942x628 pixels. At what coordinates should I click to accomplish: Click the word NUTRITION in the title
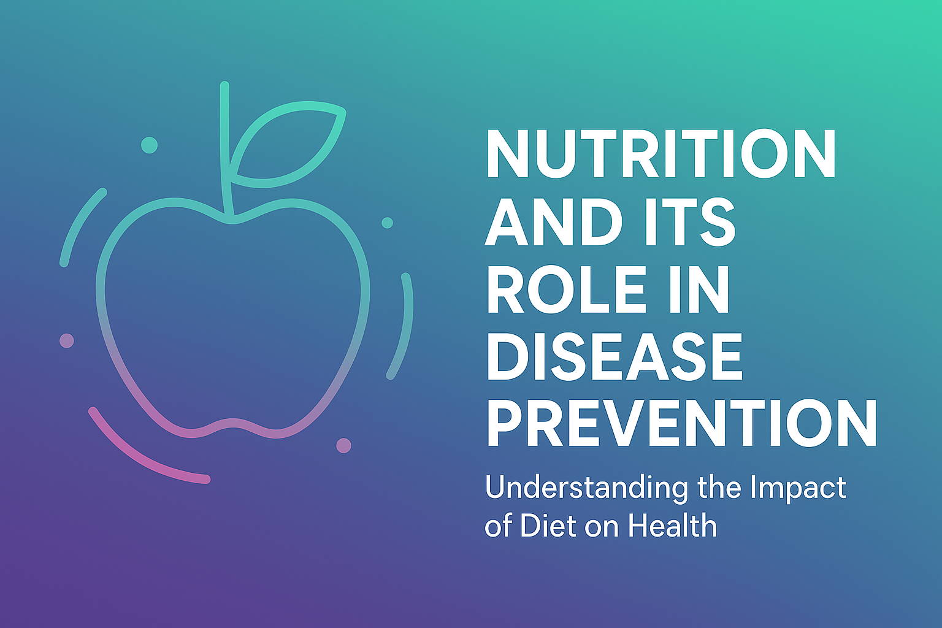(x=661, y=153)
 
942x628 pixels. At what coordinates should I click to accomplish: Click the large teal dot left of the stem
(x=149, y=145)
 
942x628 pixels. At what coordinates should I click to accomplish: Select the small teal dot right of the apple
(x=388, y=223)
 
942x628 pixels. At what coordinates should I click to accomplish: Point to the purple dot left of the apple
(x=67, y=340)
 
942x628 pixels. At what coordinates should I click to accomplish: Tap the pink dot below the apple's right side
(x=343, y=445)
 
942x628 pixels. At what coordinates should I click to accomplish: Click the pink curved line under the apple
(x=139, y=459)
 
